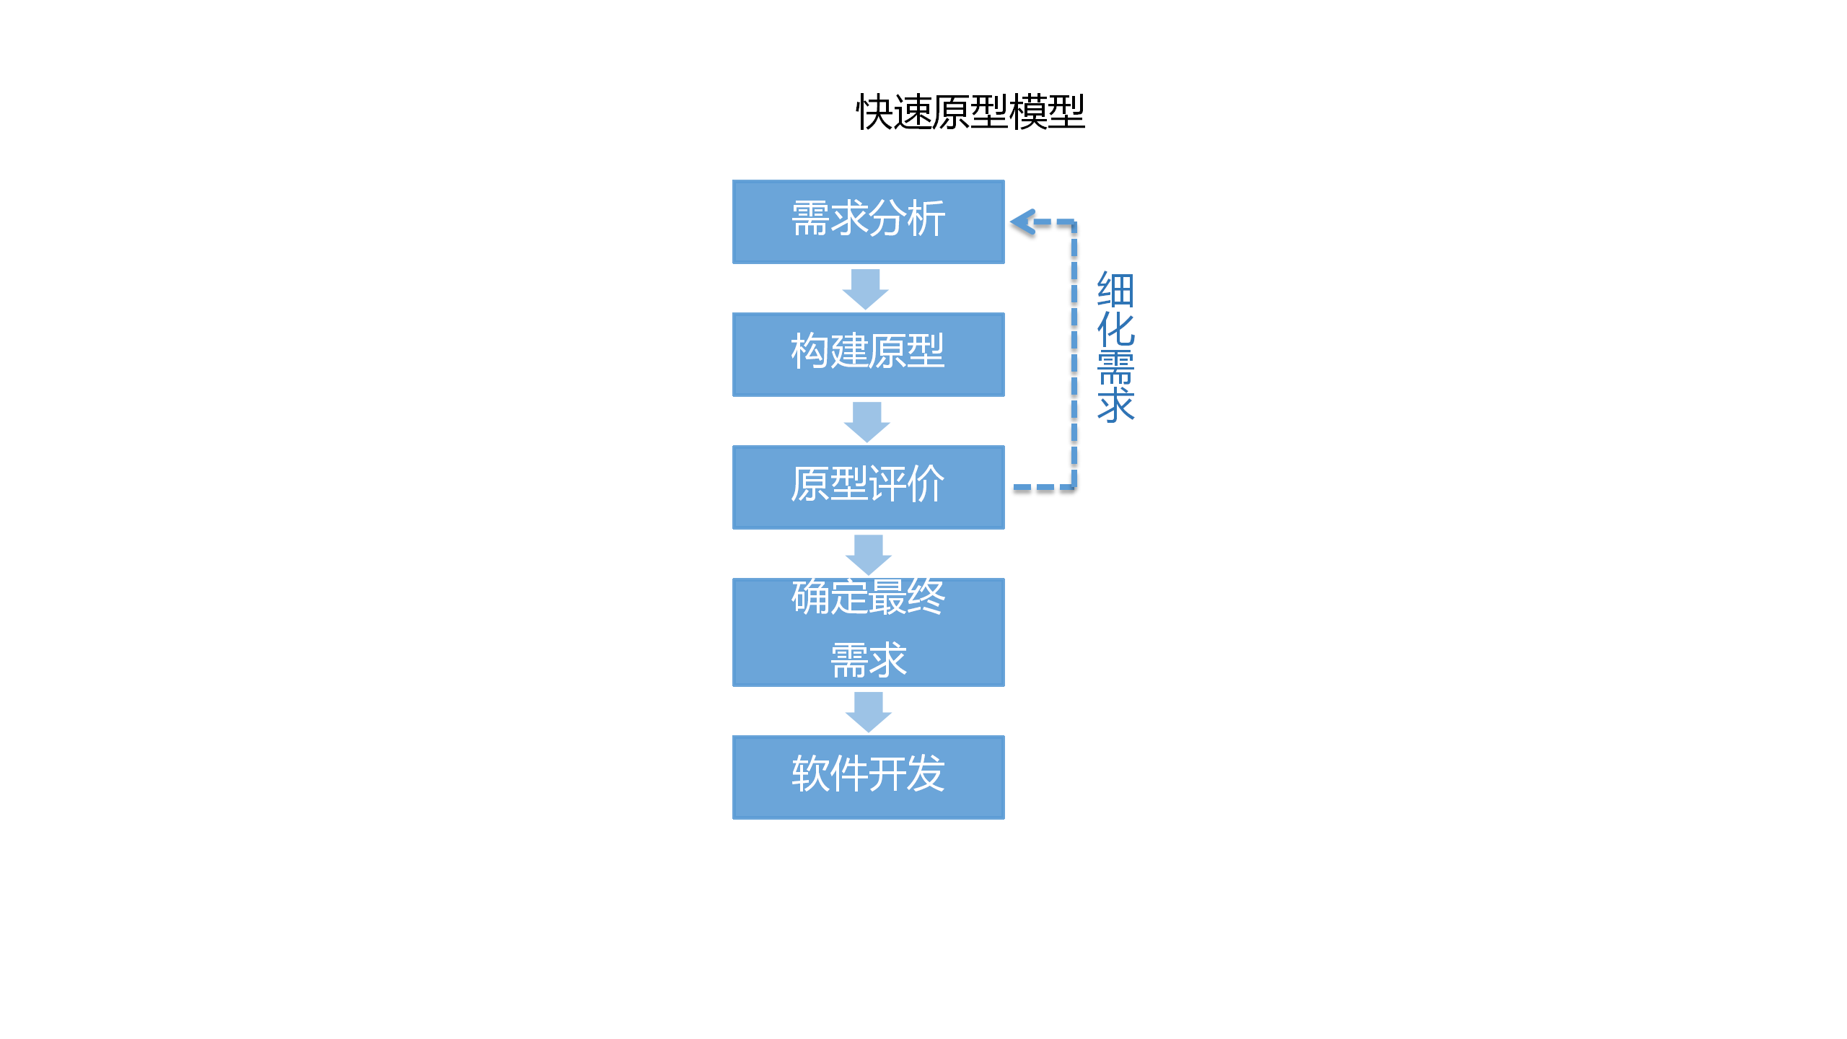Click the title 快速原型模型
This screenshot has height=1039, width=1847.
(970, 113)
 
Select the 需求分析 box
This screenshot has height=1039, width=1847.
(868, 222)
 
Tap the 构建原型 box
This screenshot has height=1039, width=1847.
(868, 354)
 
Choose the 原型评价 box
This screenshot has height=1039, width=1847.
(868, 487)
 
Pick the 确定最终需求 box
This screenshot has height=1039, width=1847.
(868, 632)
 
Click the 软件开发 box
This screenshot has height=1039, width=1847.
(868, 777)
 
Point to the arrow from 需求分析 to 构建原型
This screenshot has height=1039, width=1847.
(865, 289)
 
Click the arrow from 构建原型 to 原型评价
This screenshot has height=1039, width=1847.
(867, 421)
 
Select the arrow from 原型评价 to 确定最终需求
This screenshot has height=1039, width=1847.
(868, 554)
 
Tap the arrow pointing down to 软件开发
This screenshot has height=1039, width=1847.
(868, 711)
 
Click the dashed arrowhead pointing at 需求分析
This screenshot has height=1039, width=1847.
(1023, 222)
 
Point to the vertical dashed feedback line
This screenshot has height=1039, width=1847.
(1074, 354)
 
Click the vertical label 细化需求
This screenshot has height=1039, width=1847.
(1115, 347)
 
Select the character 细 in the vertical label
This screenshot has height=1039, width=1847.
(1115, 290)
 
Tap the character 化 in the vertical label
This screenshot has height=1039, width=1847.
(1115, 329)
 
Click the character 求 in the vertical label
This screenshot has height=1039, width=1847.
(1115, 405)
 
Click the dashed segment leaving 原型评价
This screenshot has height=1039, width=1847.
(1043, 488)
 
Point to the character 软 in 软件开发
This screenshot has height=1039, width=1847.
(810, 773)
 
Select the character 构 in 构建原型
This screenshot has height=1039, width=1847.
(810, 351)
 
